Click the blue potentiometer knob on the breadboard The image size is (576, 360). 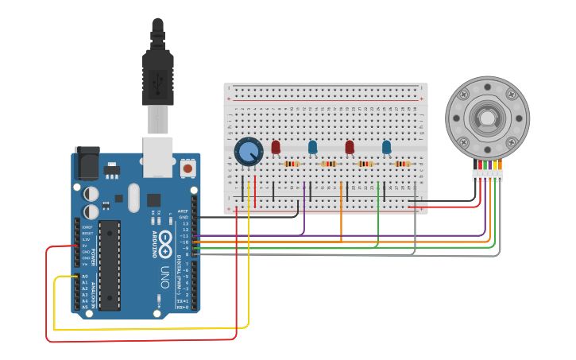pos(249,151)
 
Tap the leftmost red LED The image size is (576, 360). pos(276,147)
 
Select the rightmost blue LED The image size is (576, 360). pos(386,147)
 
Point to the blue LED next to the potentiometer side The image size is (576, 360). pos(312,147)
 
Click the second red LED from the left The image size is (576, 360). pos(350,147)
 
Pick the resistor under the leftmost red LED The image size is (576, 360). pos(292,165)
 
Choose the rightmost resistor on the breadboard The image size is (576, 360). pos(403,165)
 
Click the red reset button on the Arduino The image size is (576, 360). pos(187,168)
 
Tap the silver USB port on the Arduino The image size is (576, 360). pos(157,157)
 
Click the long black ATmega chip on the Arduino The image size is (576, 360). pos(110,265)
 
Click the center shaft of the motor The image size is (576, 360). pos(486,118)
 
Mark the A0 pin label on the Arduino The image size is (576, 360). pos(84,276)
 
